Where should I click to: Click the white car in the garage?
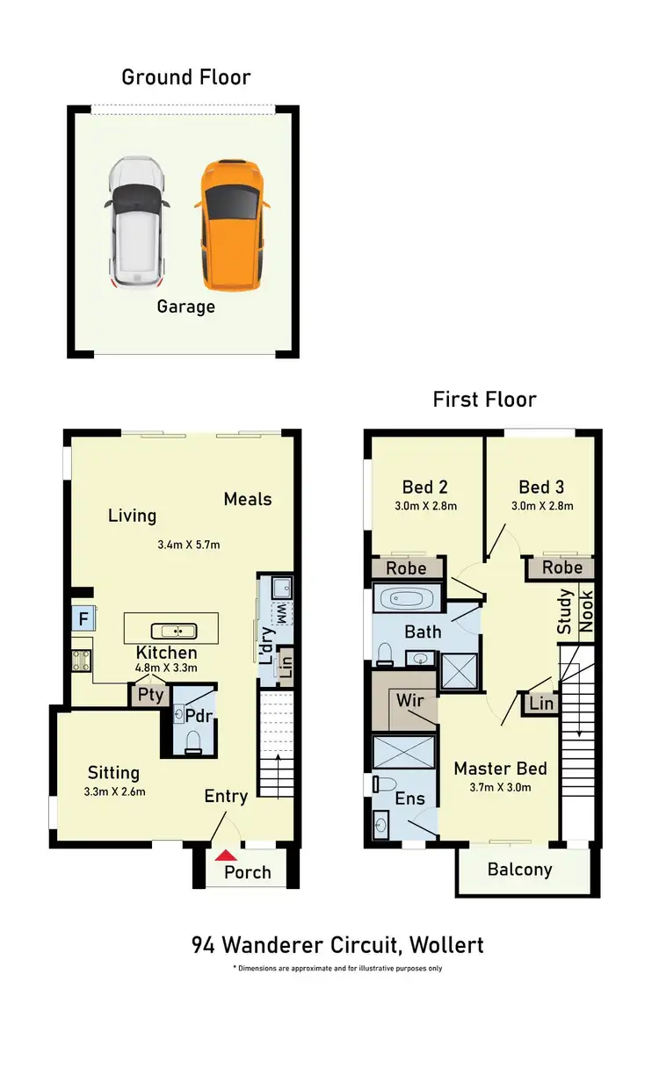click(137, 224)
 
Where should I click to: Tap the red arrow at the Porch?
click(227, 854)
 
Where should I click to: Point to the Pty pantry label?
click(150, 695)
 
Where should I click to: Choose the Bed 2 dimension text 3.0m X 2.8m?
click(424, 506)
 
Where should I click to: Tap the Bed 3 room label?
click(540, 487)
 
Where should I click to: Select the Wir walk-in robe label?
click(409, 701)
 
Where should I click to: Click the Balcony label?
click(519, 870)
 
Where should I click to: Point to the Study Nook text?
click(576, 611)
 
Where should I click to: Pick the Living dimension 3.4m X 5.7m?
click(188, 545)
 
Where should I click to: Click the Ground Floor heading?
click(185, 77)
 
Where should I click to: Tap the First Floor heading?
click(484, 400)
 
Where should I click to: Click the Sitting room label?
click(113, 773)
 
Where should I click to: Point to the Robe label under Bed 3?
click(561, 567)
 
